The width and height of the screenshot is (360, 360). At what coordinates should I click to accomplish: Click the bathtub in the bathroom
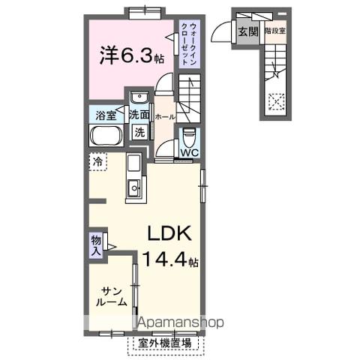point(105,137)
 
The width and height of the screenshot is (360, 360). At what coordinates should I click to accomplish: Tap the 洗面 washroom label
point(138,115)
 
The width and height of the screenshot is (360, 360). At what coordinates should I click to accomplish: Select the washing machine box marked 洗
point(139,133)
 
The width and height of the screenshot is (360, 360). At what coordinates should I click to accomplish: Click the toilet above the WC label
point(188,137)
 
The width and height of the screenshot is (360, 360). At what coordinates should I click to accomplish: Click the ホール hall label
point(163,117)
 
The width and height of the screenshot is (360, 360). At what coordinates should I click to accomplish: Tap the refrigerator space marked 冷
point(97,161)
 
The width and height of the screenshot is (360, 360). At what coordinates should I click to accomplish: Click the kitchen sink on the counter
point(134,188)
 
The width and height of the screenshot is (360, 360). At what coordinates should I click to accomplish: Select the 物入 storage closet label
point(96,244)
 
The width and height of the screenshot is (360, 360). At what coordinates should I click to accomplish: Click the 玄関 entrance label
point(246,31)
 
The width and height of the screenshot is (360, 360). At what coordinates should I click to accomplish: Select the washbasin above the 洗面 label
point(138,99)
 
